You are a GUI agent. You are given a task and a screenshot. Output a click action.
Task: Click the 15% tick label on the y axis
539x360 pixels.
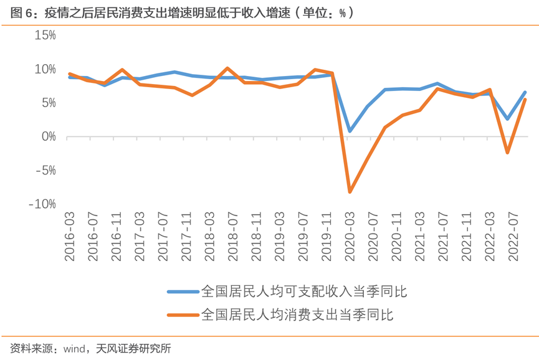[45, 35]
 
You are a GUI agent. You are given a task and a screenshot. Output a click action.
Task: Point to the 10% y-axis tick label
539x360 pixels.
[45, 69]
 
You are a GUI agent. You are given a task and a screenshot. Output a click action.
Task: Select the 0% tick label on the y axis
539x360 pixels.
[48, 136]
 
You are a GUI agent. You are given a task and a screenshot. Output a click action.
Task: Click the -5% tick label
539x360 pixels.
[45, 170]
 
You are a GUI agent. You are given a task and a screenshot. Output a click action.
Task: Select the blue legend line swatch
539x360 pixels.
[182, 291]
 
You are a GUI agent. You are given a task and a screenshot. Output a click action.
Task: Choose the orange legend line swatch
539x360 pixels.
[182, 315]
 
